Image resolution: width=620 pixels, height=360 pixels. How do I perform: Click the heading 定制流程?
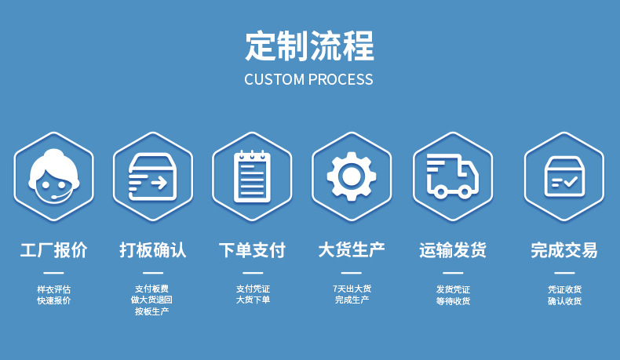[309, 45]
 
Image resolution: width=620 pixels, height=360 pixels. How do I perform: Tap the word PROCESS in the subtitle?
[341, 79]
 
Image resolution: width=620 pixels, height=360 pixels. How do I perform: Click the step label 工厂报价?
[53, 250]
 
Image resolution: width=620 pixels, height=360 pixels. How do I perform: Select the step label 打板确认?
[152, 250]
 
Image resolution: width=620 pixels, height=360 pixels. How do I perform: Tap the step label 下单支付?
[252, 250]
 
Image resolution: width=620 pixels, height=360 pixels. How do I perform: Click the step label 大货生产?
[352, 250]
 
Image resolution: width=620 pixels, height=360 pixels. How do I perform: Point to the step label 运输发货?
[453, 250]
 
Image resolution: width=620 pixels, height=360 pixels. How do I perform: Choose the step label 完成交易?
[563, 250]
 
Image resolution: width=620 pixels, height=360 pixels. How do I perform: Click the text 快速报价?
[53, 300]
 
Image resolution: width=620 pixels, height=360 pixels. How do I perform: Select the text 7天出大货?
[352, 289]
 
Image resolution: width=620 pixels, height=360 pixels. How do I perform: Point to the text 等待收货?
[453, 300]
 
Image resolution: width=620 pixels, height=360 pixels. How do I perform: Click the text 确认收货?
[564, 300]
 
